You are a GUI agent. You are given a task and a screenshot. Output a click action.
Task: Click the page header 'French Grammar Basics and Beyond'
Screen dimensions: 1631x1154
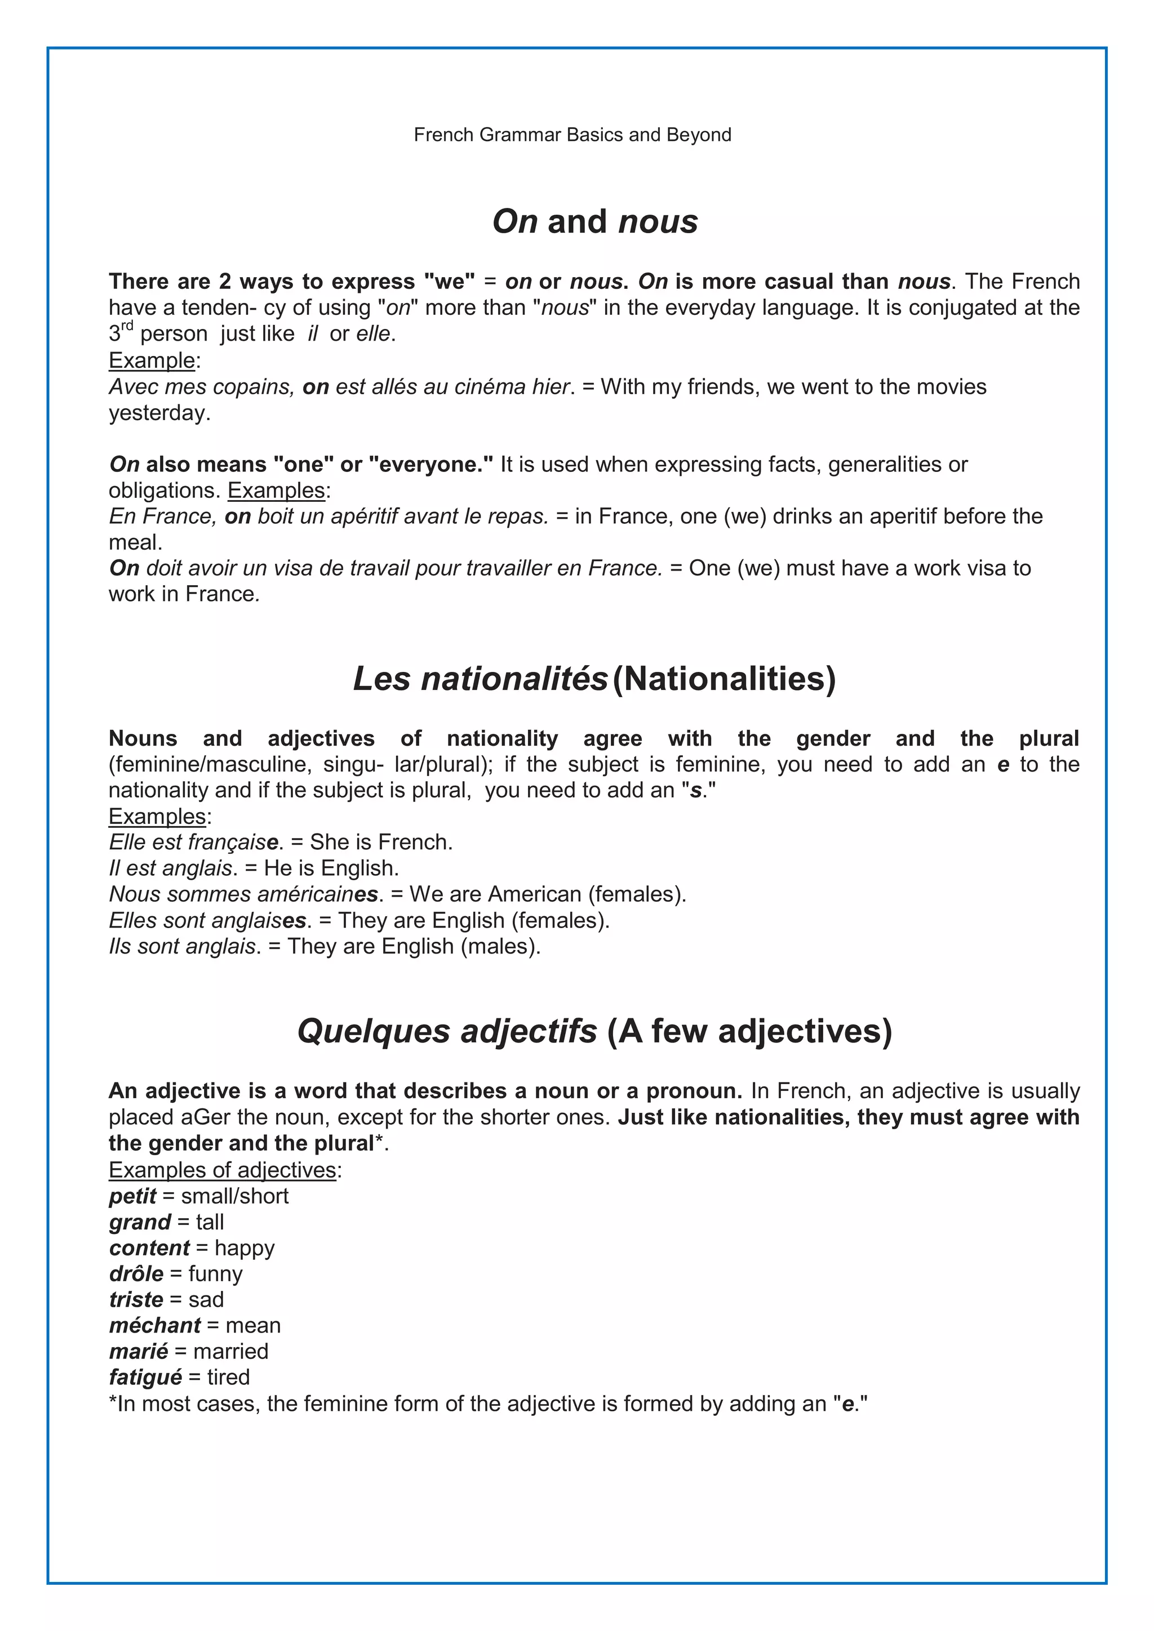pos(572,135)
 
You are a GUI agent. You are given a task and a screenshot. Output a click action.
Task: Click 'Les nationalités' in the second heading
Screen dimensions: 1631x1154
pos(480,679)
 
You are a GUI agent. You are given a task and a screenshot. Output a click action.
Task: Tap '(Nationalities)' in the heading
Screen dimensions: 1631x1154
pos(724,679)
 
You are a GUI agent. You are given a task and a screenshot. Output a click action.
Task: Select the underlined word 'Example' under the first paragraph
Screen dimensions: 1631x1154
pos(152,361)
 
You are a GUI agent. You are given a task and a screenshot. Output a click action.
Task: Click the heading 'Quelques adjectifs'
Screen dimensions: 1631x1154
pos(447,1031)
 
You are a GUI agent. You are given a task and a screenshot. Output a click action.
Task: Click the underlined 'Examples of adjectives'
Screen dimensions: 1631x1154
pos(223,1170)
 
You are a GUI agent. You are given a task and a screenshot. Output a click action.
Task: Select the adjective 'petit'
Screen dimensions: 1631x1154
pos(132,1196)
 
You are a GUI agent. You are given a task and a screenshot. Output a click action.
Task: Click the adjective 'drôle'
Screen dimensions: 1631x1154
pos(136,1274)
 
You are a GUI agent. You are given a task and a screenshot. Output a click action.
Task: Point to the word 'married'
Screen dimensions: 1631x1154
pos(230,1351)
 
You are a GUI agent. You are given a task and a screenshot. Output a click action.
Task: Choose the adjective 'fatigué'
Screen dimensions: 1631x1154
pos(146,1378)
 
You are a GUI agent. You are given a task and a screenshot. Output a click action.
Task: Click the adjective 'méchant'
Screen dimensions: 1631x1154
pos(155,1326)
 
